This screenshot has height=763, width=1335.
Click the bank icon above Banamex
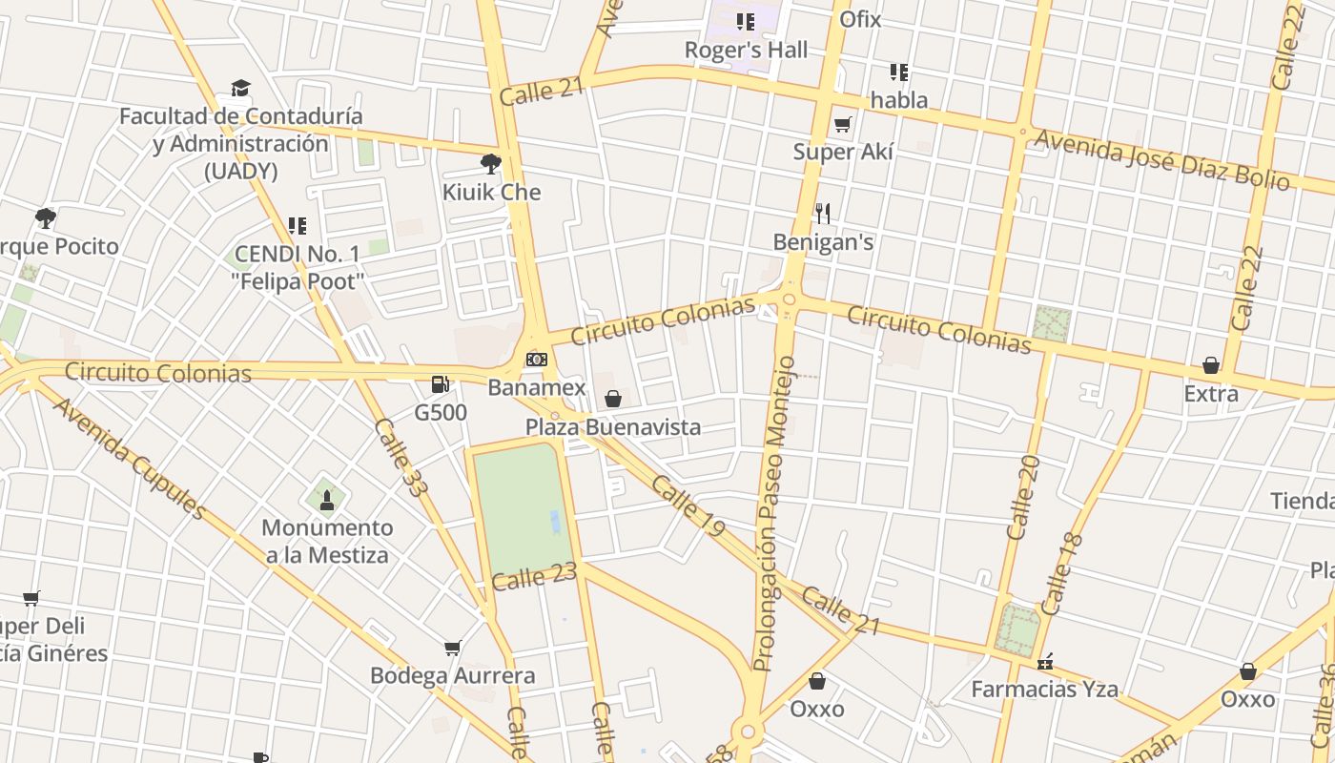537,360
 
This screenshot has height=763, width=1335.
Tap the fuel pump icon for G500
440,384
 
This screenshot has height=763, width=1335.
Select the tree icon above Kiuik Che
491,164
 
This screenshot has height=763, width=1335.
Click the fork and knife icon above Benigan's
823,214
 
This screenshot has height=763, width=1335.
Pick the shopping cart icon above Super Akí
843,124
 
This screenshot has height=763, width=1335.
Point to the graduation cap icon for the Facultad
240,89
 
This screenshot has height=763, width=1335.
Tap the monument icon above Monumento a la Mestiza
327,499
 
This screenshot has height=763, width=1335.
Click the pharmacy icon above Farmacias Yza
1045,661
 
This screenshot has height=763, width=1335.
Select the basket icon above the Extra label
1211,365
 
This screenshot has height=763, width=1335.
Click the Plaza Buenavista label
613,426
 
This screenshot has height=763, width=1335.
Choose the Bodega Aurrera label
452,675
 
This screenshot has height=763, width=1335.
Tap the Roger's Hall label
746,50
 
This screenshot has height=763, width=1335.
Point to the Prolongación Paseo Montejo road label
773,513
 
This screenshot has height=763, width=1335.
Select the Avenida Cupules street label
129,458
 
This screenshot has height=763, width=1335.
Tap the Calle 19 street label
688,505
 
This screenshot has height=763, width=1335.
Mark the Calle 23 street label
535,577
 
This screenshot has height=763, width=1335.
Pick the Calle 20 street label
1022,497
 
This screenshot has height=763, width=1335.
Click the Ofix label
860,19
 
